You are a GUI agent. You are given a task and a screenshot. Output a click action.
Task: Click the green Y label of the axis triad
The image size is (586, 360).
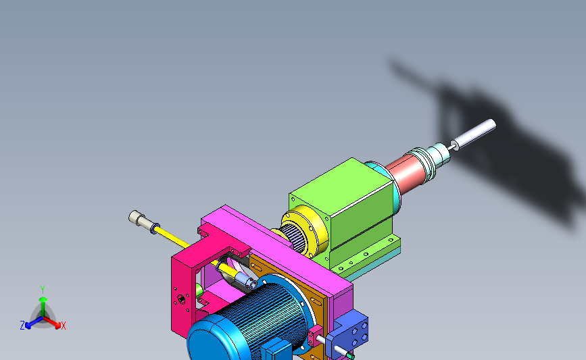click(x=42, y=290)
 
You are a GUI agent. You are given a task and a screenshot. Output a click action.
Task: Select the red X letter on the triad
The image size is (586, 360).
click(x=63, y=326)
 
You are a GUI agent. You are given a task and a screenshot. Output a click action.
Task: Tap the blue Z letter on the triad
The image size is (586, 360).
click(x=22, y=326)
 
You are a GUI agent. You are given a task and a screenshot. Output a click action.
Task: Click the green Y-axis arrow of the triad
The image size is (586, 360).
click(x=43, y=306)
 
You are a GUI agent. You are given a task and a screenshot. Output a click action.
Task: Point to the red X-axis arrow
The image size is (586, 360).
click(x=52, y=323)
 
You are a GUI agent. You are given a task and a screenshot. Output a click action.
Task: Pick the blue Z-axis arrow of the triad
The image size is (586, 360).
click(x=34, y=323)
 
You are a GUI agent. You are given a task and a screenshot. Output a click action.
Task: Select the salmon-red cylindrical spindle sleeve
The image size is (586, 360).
click(x=406, y=172)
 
